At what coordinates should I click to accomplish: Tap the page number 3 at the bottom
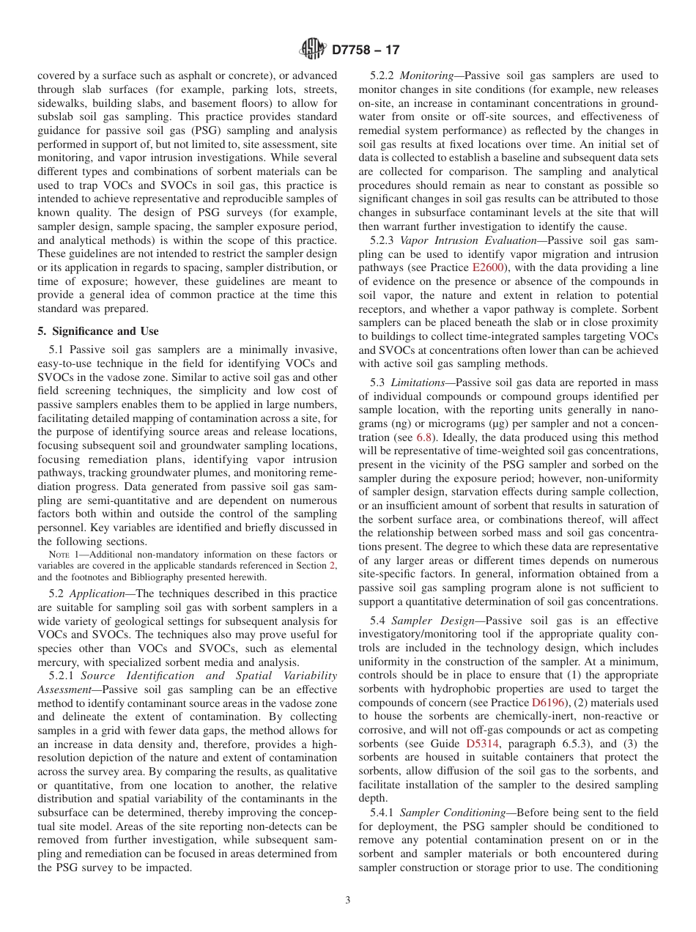[x=348, y=900]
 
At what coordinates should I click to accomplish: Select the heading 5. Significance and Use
[x=97, y=330]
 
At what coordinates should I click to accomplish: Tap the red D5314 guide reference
[x=483, y=744]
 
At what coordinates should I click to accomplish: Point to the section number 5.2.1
[x=62, y=675]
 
